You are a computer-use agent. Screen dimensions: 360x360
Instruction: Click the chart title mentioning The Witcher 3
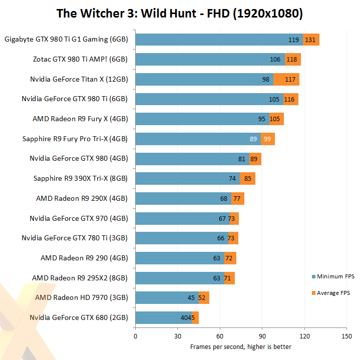point(180,14)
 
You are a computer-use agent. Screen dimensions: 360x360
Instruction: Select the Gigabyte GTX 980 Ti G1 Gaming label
point(66,39)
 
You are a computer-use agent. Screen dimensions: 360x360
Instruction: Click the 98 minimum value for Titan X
point(266,79)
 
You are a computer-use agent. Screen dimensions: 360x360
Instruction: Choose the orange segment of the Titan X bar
point(286,79)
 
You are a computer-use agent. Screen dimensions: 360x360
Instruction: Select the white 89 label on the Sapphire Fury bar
point(254,139)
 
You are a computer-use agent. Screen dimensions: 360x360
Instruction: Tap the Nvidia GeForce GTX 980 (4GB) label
point(79,158)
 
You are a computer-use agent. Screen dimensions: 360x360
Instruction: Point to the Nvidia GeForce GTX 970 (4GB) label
point(79,218)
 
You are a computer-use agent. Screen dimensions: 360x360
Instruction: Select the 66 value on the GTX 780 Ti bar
point(221,238)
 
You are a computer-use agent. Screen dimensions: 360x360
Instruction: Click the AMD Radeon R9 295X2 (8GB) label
point(80,277)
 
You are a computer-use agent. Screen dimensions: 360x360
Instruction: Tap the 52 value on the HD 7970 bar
point(202,297)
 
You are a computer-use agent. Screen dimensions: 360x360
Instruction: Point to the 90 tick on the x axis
point(262,336)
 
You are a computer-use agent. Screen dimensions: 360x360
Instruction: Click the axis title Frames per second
point(240,346)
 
